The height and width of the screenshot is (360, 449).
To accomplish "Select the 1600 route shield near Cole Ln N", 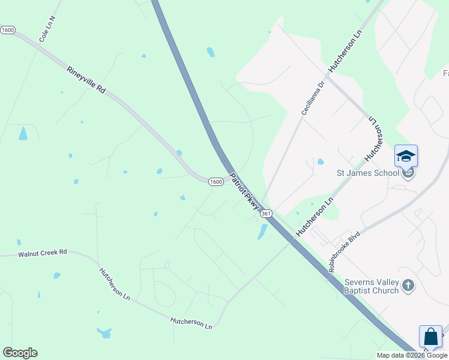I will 8,30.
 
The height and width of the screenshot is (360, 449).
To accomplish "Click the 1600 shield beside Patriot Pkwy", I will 217,181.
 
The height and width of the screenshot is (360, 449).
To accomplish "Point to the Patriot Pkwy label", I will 244,191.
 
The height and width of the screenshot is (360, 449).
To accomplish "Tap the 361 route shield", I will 267,214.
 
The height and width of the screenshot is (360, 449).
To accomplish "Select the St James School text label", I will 367,173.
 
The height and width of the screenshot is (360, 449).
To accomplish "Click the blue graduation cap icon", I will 406,156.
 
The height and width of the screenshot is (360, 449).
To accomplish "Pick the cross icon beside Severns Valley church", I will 408,286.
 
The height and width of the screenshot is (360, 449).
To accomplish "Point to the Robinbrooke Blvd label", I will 343,252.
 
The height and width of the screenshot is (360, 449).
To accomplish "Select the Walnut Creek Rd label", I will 42,253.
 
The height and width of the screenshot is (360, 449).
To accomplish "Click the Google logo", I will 20,353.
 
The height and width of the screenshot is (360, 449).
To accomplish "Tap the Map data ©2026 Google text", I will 412,355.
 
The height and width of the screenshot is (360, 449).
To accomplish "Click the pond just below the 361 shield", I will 262,231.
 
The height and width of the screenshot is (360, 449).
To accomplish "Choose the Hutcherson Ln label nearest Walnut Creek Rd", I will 115,283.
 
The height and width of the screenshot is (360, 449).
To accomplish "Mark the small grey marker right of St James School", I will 409,173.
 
